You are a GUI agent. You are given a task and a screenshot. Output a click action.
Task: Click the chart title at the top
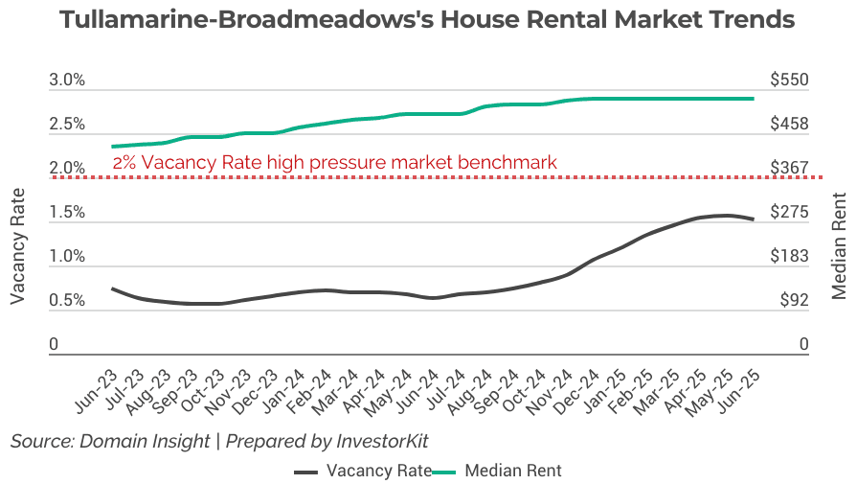click(427, 19)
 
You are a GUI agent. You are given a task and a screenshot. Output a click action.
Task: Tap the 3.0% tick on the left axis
click(67, 81)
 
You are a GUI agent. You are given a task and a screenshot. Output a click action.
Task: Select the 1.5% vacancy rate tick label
click(67, 213)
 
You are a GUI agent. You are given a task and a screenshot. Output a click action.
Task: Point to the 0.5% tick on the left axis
click(67, 301)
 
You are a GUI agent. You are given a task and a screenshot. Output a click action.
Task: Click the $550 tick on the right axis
click(790, 81)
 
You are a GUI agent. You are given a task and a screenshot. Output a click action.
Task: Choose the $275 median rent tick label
click(790, 213)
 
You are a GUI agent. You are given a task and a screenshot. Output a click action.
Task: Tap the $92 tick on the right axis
click(790, 301)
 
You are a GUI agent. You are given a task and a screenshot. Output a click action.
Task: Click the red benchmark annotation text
click(334, 163)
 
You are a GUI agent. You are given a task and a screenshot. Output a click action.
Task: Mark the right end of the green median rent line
click(753, 99)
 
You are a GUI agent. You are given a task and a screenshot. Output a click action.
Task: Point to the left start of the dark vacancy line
click(113, 288)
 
